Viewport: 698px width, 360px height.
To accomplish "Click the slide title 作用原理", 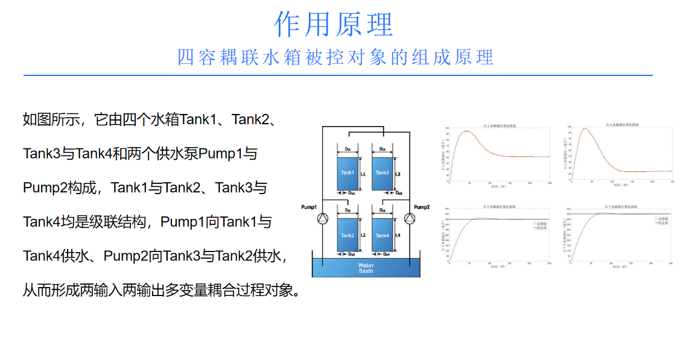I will tap(334, 25).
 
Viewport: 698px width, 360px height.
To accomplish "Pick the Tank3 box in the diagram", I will tap(382, 173).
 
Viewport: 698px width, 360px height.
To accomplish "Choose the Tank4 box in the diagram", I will tap(382, 235).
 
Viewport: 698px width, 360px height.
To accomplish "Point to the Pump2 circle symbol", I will tap(410, 218).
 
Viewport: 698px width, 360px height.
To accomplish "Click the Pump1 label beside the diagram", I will tap(309, 207).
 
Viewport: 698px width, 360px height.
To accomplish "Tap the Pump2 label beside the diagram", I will tap(420, 207).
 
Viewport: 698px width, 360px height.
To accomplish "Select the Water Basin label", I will tap(366, 268).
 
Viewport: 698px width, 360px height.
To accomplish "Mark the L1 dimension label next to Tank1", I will tap(363, 174).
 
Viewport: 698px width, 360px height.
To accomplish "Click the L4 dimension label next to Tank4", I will tap(398, 236).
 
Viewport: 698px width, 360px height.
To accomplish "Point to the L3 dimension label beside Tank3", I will tap(398, 174).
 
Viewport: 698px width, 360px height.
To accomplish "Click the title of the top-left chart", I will tap(500, 125).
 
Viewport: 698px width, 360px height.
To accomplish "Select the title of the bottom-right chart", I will tap(622, 207).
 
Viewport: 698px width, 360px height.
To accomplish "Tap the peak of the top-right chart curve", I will tap(584, 128).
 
